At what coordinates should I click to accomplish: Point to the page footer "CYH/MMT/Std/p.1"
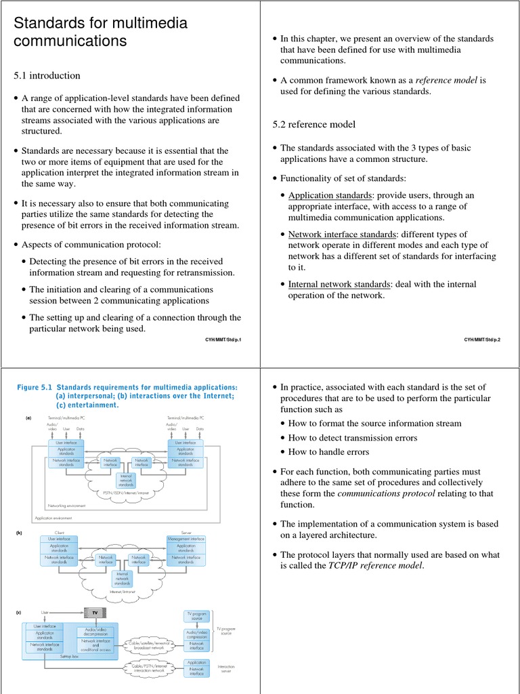(x=223, y=339)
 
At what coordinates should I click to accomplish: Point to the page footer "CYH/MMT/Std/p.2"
(x=482, y=339)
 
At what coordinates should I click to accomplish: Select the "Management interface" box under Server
(x=186, y=539)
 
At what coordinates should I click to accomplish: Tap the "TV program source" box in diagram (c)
(x=196, y=615)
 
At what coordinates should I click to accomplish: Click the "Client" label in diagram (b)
(x=60, y=533)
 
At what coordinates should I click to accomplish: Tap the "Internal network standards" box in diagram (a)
(x=127, y=481)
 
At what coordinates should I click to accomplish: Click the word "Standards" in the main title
(x=51, y=23)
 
